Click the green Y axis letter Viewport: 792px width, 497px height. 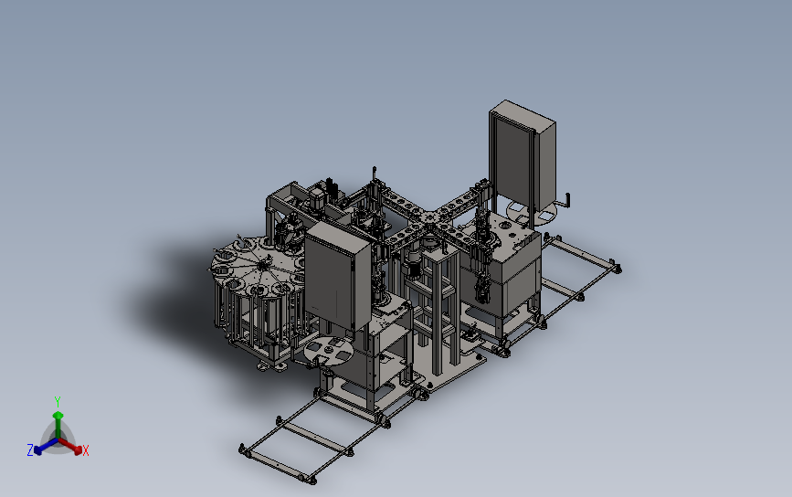(58, 402)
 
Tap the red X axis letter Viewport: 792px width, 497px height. (85, 450)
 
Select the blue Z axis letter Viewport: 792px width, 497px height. (30, 449)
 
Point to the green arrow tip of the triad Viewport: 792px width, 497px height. (58, 415)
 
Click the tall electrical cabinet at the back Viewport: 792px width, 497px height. (522, 157)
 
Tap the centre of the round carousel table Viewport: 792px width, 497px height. (261, 263)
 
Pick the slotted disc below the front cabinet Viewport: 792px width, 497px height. (328, 350)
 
